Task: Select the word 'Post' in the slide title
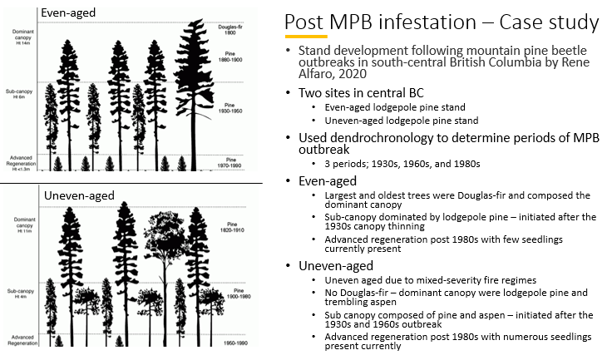point(304,22)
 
